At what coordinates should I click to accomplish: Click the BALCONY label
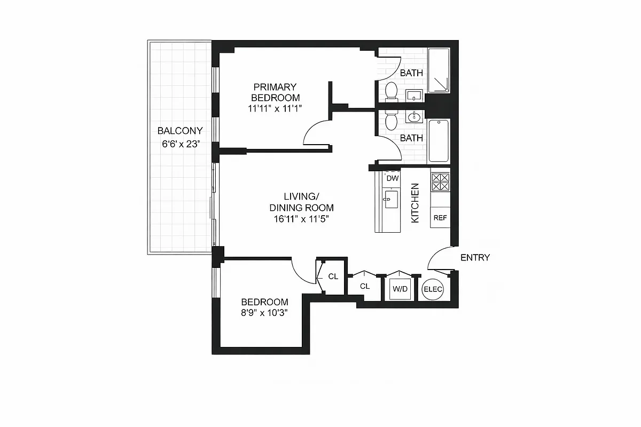[180, 131]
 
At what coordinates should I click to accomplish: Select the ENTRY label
[475, 258]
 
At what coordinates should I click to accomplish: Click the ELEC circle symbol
[433, 290]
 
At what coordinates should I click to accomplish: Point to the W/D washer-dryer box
[400, 289]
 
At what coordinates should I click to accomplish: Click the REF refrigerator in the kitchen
[440, 218]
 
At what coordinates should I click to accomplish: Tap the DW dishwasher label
[392, 178]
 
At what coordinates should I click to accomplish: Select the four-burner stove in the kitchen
[440, 181]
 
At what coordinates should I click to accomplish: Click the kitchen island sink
[391, 200]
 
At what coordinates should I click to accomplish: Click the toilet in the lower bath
[391, 122]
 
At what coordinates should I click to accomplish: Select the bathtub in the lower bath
[439, 140]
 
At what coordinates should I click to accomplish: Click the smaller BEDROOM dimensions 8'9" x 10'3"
[264, 313]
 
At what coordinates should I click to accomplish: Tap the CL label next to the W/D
[365, 286]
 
